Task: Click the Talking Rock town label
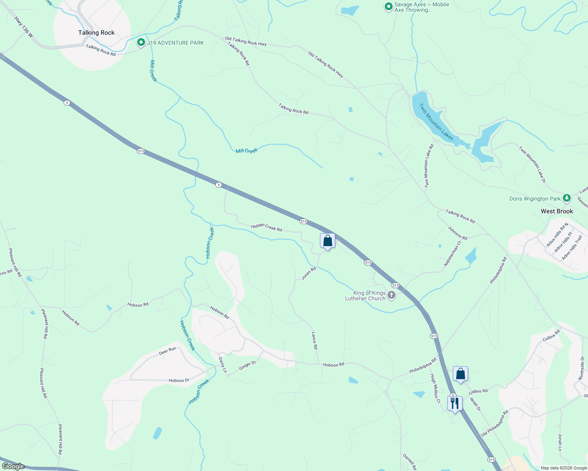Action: tap(96, 33)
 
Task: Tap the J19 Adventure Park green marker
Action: tap(141, 42)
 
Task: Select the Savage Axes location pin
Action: tap(388, 6)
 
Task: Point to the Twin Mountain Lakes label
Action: tap(436, 121)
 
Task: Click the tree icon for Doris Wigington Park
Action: tap(566, 198)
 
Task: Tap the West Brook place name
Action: tap(557, 211)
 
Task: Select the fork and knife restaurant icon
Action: tap(455, 403)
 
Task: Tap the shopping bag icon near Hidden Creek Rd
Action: tap(327, 241)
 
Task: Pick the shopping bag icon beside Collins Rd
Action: tap(460, 374)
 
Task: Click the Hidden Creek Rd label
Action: tap(266, 227)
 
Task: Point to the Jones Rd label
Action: tap(309, 273)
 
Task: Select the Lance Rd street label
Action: tap(314, 340)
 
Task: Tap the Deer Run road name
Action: tap(167, 351)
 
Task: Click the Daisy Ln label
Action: tap(222, 365)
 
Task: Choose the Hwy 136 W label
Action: tap(24, 27)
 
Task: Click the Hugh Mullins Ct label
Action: tap(435, 388)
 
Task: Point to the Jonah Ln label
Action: tap(560, 442)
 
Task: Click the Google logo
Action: tap(13, 466)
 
